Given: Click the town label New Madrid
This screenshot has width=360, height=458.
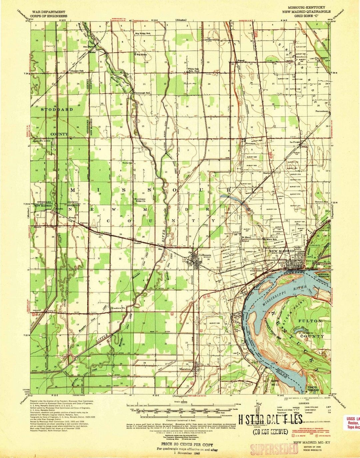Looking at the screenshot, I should [x=284, y=251].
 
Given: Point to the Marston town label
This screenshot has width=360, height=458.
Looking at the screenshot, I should [x=185, y=369].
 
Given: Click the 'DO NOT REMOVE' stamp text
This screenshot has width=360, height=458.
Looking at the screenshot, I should [x=270, y=432].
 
